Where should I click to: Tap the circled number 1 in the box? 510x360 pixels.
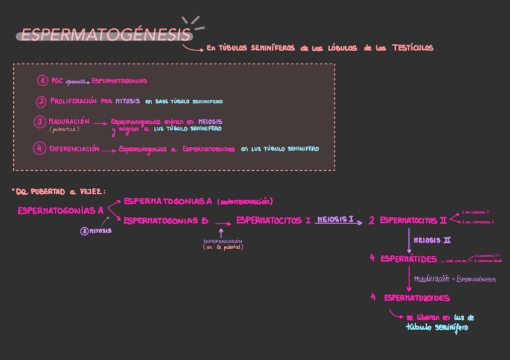tap(42, 81)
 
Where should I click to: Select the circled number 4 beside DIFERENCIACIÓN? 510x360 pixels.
tap(40, 148)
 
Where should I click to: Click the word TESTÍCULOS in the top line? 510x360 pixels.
tap(413, 48)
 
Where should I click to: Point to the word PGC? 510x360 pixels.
tap(57, 81)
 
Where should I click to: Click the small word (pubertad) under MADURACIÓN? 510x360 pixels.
tap(64, 129)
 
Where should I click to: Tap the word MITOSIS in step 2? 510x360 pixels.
tap(127, 101)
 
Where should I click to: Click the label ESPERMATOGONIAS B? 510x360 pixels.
tap(166, 221)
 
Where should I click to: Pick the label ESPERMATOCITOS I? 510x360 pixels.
tap(274, 221)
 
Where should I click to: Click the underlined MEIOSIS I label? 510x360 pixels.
tap(335, 220)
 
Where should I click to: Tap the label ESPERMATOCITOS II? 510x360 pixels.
tap(413, 221)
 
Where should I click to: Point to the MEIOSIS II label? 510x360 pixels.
tap(432, 240)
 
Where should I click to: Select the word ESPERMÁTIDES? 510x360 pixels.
tap(408, 259)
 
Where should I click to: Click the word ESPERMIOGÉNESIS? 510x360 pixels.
tap(475, 279)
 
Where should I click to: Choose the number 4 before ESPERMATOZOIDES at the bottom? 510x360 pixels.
tap(373, 297)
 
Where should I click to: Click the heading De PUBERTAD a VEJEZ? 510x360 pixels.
tap(59, 192)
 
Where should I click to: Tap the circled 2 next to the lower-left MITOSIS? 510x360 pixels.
tap(85, 231)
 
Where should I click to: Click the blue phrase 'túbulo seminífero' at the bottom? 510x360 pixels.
tap(437, 328)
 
